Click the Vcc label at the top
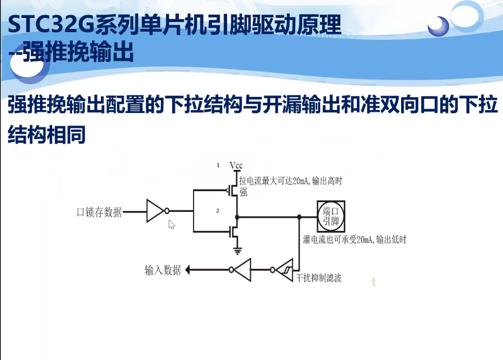point(236,166)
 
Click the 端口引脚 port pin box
point(331,216)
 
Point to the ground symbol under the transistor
point(237,251)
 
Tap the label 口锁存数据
point(99,212)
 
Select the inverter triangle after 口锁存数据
point(155,211)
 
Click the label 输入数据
point(163,270)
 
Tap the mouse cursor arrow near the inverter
point(172,224)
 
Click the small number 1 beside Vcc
point(218,166)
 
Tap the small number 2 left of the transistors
point(218,211)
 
